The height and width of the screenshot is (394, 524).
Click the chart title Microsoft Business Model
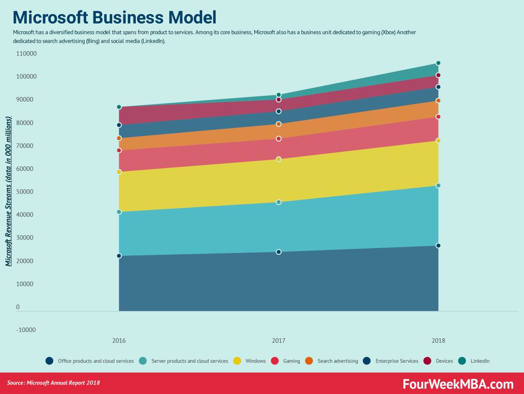pos(114,17)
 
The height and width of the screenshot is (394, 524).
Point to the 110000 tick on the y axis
pos(26,54)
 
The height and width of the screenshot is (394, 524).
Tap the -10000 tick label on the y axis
pos(26,330)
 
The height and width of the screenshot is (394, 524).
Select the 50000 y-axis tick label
pos(26,192)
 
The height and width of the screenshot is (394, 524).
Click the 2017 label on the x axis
pos(278,340)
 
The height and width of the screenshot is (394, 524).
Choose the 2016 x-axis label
pos(119,340)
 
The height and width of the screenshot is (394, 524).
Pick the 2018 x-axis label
pos(438,340)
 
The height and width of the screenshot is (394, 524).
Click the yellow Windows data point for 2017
pos(279,159)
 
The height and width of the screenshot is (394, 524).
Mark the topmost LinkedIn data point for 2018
pos(438,63)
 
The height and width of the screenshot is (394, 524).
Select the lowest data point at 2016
pos(119,256)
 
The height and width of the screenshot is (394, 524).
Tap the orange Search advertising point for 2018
pos(438,101)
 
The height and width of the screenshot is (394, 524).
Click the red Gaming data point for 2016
pos(119,150)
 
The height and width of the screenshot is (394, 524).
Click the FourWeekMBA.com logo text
pos(458,384)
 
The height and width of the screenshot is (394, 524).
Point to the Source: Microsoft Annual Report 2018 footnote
pos(54,383)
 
